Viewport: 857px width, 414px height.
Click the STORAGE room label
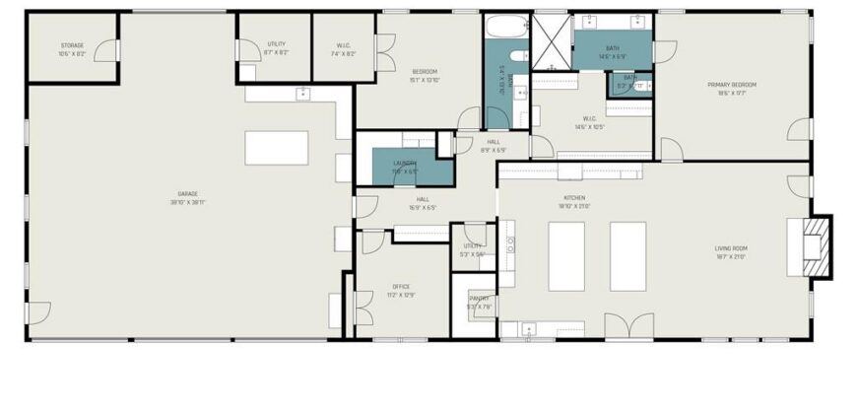(72, 45)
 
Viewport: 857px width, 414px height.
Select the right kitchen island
(627, 255)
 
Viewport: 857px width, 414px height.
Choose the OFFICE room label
(401, 287)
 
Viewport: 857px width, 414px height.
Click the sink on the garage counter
(303, 95)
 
